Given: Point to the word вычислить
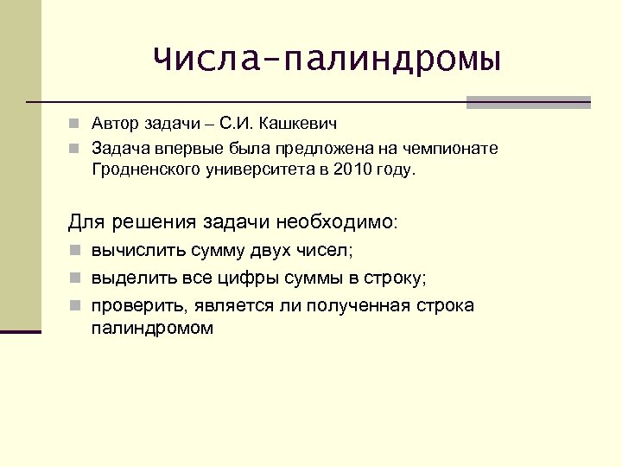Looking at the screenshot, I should [132, 253].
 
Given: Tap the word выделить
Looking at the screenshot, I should [130, 279].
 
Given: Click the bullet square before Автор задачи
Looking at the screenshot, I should [76, 126].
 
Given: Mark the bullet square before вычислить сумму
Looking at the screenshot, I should [76, 253].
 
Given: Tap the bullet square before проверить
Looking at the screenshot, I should [76, 307].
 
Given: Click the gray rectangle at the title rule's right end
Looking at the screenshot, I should [528, 102].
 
